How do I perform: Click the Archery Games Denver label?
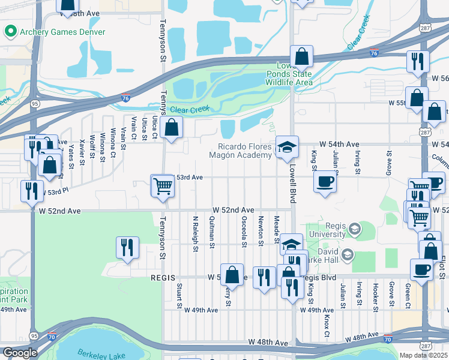(x=62, y=32)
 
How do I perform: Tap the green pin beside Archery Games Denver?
(x=10, y=31)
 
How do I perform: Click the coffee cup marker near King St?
(x=325, y=181)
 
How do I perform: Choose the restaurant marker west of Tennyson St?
(x=127, y=248)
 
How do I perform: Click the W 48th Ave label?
(x=268, y=341)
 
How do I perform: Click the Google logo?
(x=20, y=353)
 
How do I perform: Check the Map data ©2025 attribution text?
(x=423, y=355)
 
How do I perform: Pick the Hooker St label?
(x=375, y=293)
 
